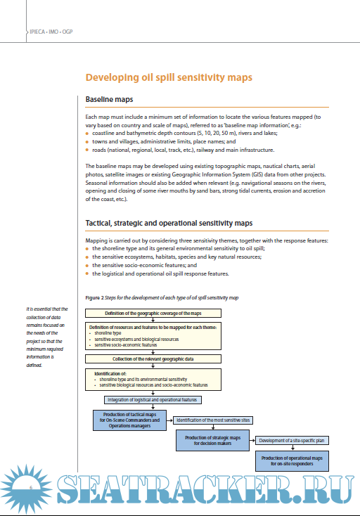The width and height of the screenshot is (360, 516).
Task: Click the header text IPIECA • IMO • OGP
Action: point(51,32)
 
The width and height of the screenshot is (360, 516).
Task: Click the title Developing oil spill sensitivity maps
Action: point(168,77)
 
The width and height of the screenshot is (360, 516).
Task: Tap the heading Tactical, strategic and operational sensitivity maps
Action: point(169,223)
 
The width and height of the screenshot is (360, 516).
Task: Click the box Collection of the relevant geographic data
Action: point(153,359)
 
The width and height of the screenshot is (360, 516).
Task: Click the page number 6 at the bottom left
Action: point(31,488)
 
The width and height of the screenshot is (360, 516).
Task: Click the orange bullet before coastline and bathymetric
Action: point(87,133)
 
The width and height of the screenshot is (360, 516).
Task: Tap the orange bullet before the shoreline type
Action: point(87,248)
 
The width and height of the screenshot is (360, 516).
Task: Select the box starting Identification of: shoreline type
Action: point(153,379)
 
